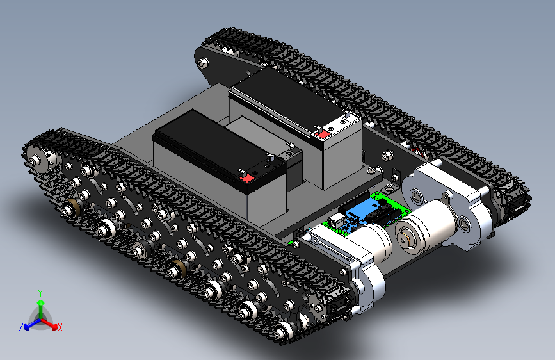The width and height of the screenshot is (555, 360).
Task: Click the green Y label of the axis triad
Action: pos(40,293)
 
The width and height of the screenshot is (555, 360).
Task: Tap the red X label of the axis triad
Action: pos(60,327)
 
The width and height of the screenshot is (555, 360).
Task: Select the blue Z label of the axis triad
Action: pos(21,327)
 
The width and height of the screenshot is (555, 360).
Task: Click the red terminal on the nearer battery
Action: pos(246,178)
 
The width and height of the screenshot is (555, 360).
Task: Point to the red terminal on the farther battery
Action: pos(322,134)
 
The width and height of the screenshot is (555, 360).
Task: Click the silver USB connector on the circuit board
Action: pos(335,220)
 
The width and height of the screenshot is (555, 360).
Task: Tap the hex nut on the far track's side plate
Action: pos(203,63)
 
